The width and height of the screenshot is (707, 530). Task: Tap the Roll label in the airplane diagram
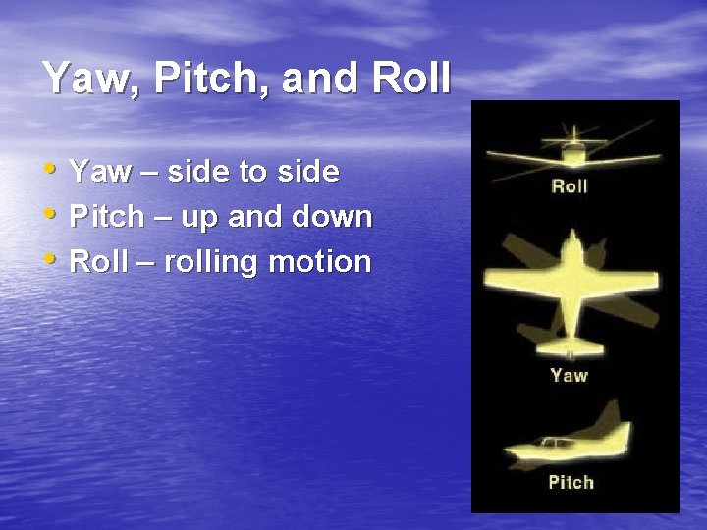[570, 185]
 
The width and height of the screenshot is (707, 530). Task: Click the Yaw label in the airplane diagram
[570, 375]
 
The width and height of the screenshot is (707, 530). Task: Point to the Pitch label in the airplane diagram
[571, 482]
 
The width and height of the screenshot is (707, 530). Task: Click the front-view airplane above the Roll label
[570, 150]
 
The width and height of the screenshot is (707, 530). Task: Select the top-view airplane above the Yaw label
[570, 290]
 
